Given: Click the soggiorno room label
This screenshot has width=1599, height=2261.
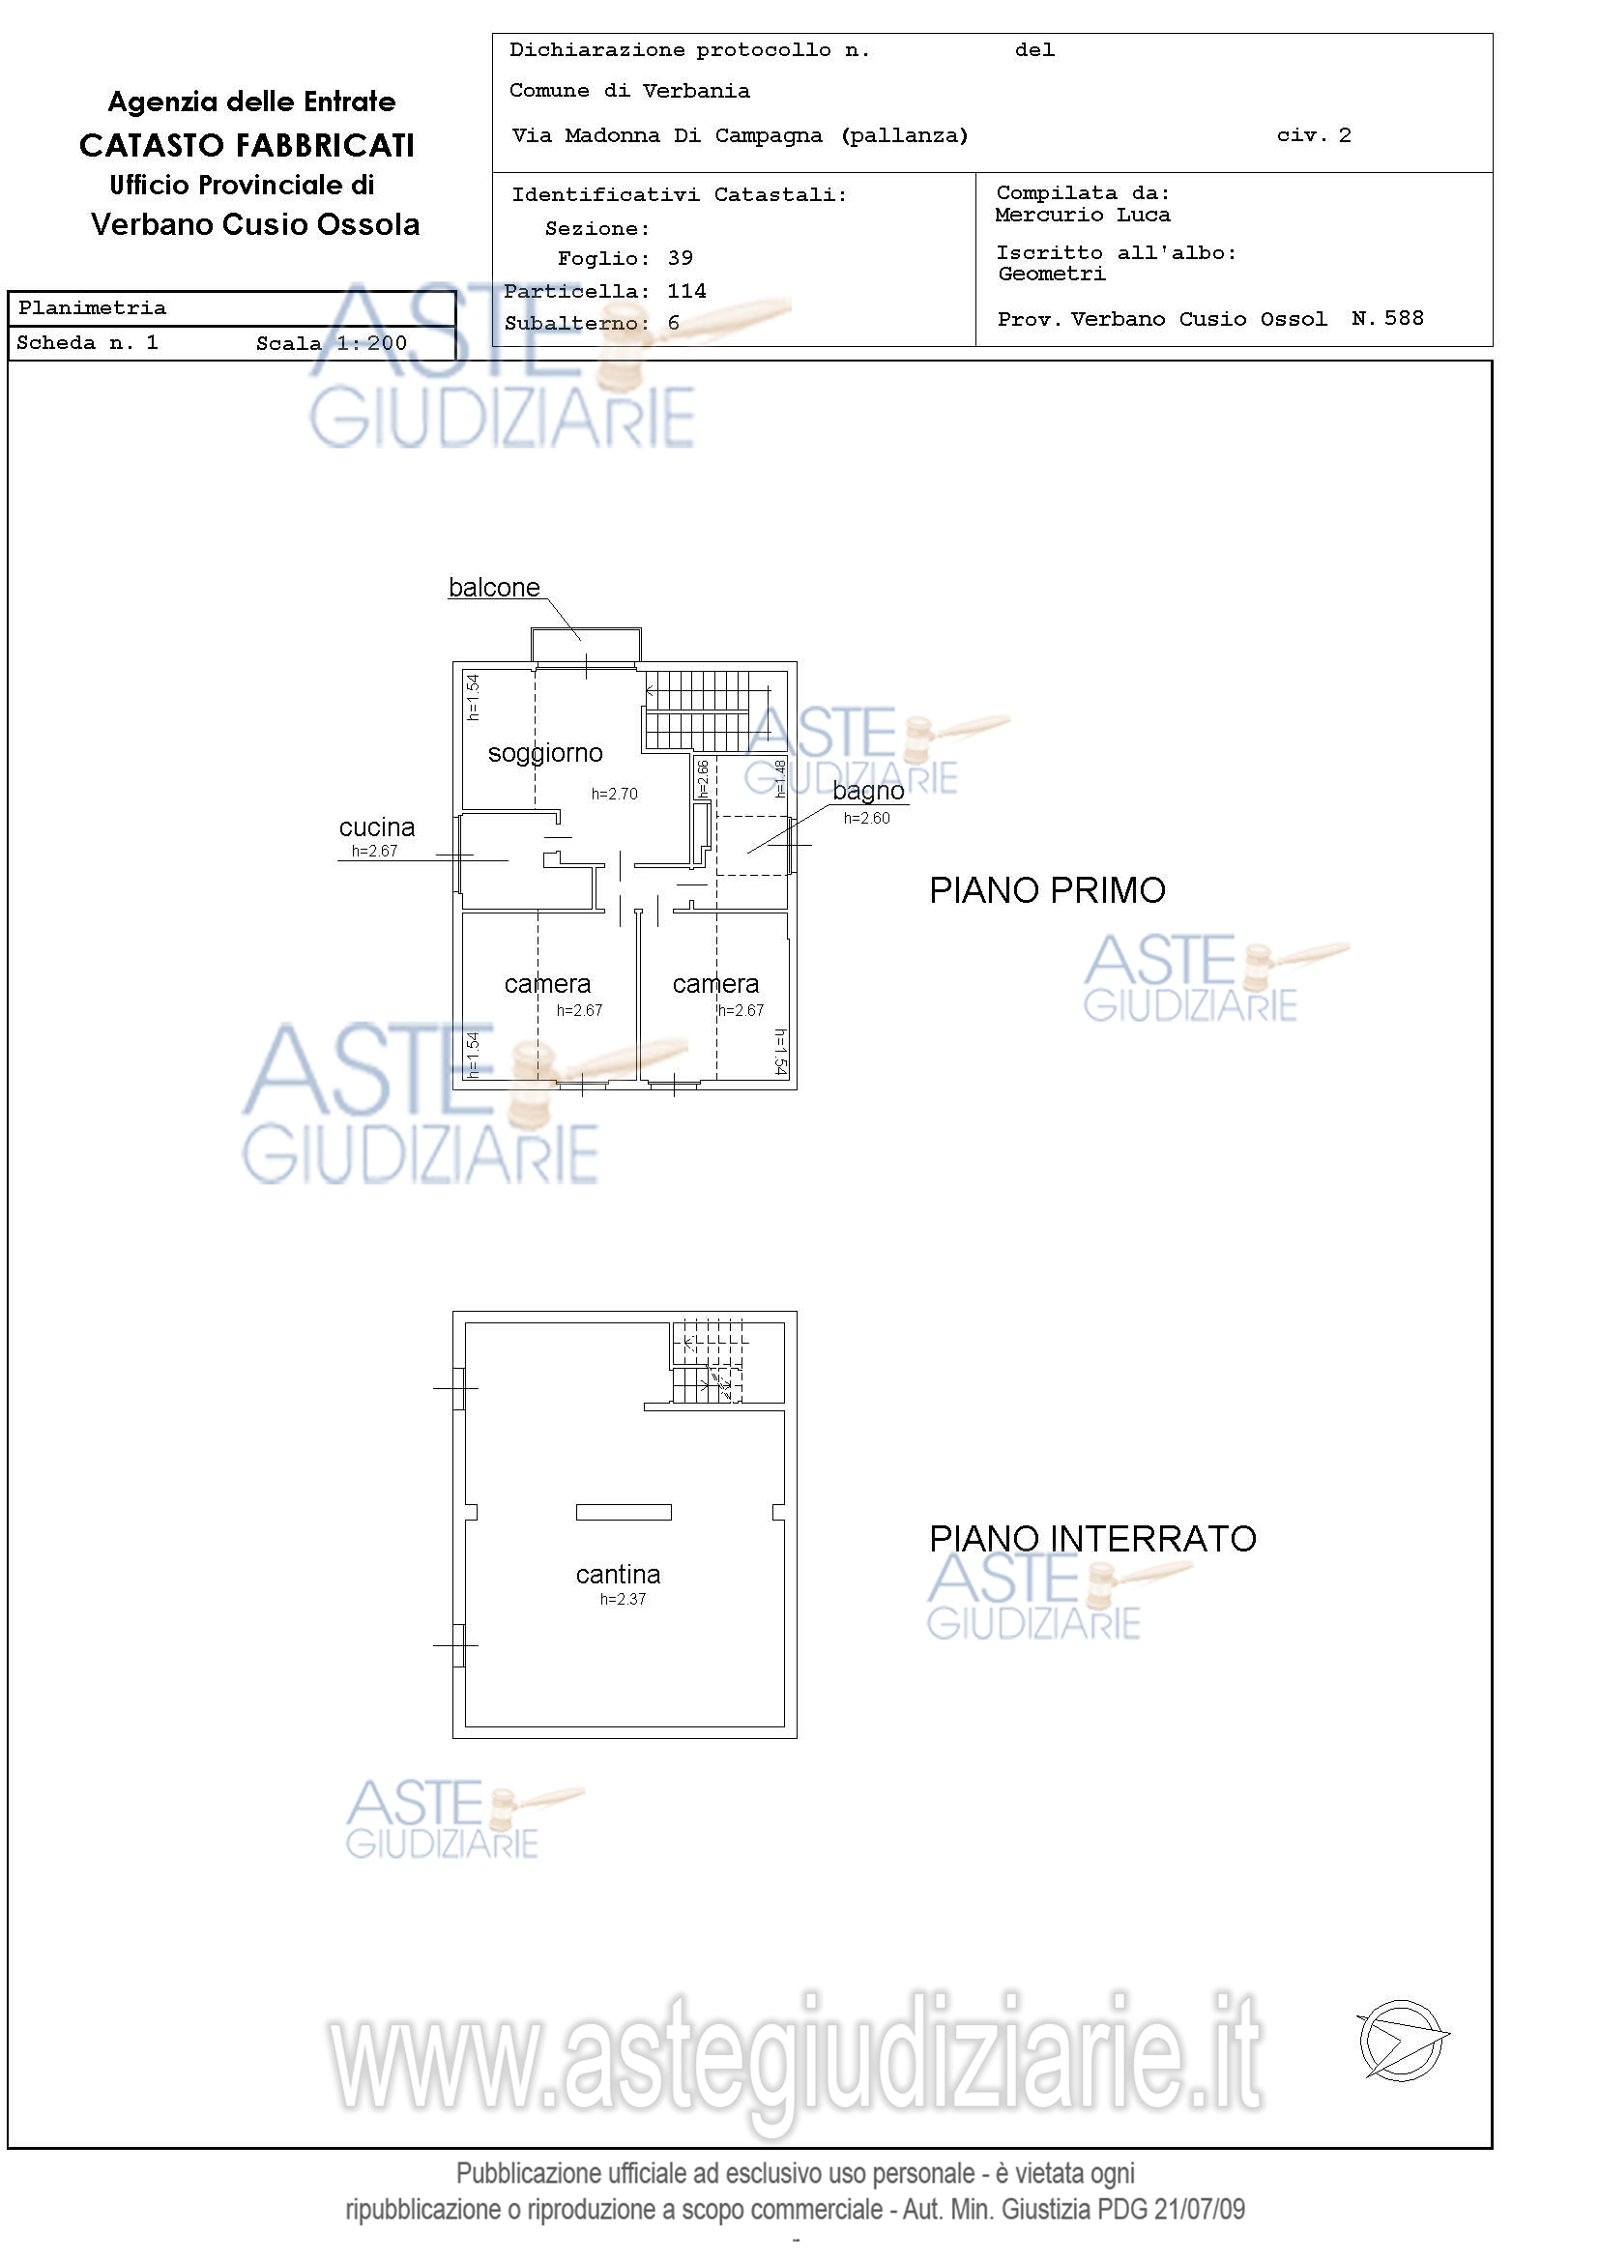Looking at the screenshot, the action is [x=545, y=754].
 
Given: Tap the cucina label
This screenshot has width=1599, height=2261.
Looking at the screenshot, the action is [x=377, y=827].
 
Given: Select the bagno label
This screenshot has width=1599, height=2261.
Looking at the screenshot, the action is [x=868, y=792].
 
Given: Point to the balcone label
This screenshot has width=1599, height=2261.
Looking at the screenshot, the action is [x=494, y=588].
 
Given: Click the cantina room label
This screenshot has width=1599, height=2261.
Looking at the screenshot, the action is [x=619, y=1574].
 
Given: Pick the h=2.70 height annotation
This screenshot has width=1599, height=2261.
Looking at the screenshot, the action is [x=615, y=794].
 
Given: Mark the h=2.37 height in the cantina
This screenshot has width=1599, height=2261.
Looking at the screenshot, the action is [x=624, y=1599].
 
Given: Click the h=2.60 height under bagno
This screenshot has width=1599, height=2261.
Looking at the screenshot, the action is [x=866, y=819].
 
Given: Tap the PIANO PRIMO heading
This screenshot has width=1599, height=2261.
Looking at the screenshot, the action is [x=1048, y=890].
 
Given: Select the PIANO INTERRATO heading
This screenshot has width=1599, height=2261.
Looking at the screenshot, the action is [x=1093, y=1538].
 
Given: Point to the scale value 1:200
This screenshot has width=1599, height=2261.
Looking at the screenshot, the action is [x=371, y=343].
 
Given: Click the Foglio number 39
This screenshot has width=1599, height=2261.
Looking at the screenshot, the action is [x=681, y=258].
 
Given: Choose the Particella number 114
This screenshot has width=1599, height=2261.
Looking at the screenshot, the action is [x=686, y=291].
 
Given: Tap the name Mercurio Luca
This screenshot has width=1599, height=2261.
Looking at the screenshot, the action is [x=1082, y=215].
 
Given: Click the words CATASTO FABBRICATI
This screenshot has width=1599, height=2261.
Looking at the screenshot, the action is [x=247, y=146].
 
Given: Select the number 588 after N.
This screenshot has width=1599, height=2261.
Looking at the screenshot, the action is [x=1404, y=318].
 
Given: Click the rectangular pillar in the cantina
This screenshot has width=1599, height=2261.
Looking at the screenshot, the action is [x=625, y=1513].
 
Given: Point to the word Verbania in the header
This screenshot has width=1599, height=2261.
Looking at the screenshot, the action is [x=696, y=92].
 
